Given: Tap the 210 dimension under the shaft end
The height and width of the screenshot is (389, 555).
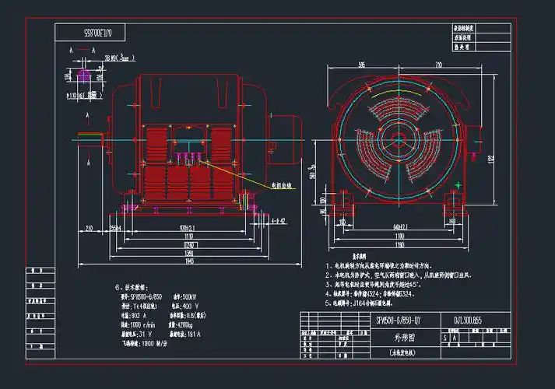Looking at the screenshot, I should click(x=90, y=228).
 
